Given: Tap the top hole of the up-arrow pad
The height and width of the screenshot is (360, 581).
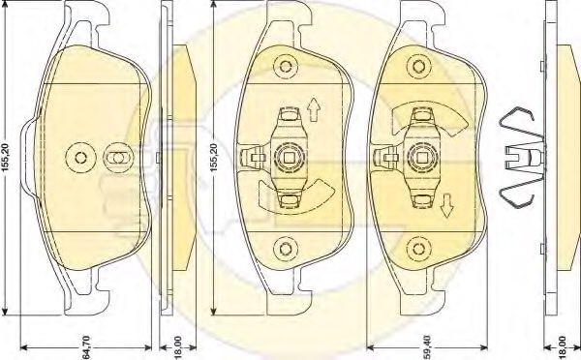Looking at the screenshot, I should (x=286, y=68).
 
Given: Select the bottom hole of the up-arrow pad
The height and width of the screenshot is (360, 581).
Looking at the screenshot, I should (x=286, y=245).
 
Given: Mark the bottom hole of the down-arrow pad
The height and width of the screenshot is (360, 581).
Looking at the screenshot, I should (x=422, y=245).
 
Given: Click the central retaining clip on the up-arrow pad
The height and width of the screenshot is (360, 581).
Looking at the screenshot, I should (x=287, y=155).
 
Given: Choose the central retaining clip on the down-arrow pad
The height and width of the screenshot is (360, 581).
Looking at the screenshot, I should (x=422, y=155).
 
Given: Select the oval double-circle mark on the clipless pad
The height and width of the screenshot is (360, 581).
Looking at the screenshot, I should (x=116, y=157).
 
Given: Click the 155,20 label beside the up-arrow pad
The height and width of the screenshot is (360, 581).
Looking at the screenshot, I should (x=215, y=154).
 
